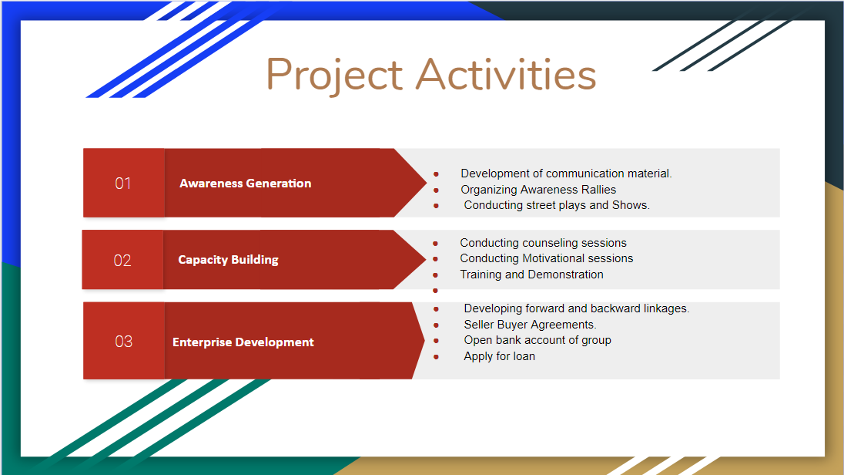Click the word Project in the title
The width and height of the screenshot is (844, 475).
coord(334,75)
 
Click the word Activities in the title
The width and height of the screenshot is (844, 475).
coord(506,75)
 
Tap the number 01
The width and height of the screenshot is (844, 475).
coord(123,184)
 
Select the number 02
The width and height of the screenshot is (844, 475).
coord(122,261)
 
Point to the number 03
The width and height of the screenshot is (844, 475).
coord(123,342)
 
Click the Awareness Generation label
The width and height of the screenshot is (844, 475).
coord(245,184)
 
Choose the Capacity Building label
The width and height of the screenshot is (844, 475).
coord(228,260)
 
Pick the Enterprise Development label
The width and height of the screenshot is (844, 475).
coord(243,342)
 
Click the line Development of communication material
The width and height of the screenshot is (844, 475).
coord(566,173)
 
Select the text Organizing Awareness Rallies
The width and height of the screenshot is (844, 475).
coord(538,190)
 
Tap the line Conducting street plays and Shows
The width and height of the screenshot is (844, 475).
coord(557,205)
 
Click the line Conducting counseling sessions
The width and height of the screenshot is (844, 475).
coord(543,243)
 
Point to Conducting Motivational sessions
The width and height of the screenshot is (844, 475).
coord(546,258)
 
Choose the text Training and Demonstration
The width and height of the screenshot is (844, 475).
coord(531,275)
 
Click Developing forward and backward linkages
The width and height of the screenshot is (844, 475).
coord(576,308)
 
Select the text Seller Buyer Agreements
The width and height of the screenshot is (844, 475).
coord(530,325)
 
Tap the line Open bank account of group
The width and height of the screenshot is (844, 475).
coord(537,340)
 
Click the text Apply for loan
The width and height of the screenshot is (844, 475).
coord(499,356)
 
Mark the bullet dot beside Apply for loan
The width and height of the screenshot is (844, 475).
coord(436,357)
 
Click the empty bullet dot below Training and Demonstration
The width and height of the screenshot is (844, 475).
coord(436,291)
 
